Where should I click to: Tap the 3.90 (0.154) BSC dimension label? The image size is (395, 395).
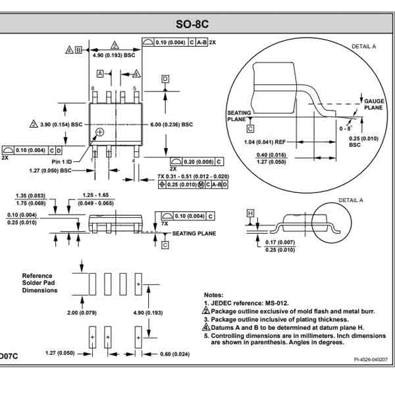61,124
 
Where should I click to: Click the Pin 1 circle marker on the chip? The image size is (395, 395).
99,133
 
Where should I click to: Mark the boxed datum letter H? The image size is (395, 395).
250,213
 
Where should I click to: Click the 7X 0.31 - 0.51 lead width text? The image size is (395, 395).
194,176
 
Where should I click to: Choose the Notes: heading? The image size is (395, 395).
215,295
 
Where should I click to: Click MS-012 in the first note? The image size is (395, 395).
281,302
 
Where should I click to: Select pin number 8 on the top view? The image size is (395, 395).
93,88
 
